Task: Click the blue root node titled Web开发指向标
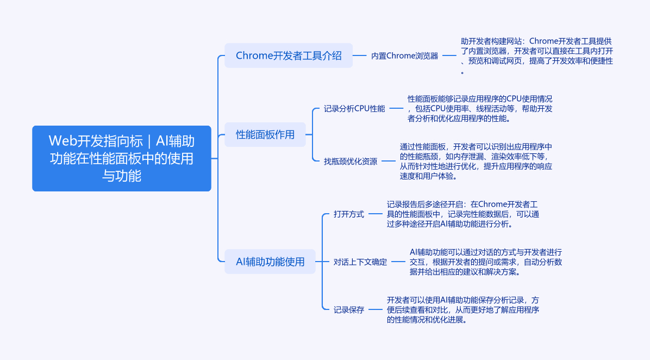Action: point(121,158)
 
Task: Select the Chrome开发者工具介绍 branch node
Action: point(289,55)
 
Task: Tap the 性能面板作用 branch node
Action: point(265,134)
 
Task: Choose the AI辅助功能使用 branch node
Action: point(270,262)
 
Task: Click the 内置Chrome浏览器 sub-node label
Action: point(404,55)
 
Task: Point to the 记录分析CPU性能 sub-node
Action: point(354,108)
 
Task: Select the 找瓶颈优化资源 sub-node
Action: point(351,161)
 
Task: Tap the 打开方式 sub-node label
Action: point(349,214)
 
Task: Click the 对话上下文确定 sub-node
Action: point(360,262)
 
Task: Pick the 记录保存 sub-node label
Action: point(349,310)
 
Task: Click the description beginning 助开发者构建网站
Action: point(536,56)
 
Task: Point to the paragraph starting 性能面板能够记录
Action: point(480,108)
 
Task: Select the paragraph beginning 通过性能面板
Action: point(476,161)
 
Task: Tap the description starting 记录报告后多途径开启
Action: point(463,214)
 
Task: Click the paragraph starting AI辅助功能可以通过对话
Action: point(486,262)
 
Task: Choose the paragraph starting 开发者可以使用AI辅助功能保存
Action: point(463,310)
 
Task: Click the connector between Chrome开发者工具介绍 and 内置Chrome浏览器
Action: point(360,55)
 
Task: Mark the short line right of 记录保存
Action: point(375,310)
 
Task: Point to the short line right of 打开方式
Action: point(375,214)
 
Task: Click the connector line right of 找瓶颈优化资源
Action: point(389,161)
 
